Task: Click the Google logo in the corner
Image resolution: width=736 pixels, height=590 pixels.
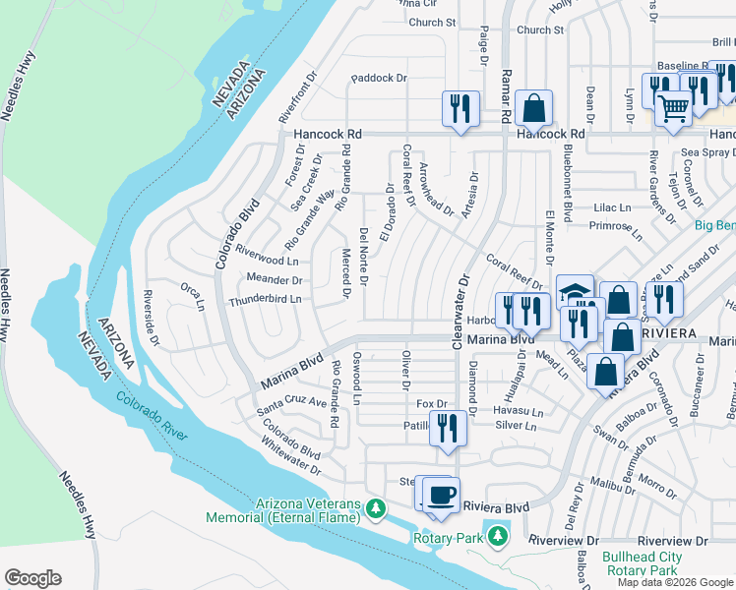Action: click(x=32, y=578)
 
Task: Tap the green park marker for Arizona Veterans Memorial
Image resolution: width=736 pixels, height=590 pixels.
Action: click(x=374, y=508)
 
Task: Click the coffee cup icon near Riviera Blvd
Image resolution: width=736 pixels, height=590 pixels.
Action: click(x=442, y=494)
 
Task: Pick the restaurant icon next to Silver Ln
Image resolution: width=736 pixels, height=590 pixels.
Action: click(x=448, y=428)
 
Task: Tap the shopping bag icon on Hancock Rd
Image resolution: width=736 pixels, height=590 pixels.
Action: click(x=533, y=107)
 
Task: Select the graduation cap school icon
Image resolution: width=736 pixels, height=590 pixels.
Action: click(x=575, y=291)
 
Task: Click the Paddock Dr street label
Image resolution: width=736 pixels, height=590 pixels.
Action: click(x=378, y=78)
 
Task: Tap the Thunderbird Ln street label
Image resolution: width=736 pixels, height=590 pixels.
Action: click(x=265, y=299)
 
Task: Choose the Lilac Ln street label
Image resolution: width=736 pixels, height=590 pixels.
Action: click(x=611, y=208)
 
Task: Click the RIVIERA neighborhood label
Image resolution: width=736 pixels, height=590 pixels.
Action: click(x=668, y=334)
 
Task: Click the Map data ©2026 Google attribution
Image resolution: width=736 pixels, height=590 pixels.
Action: click(x=674, y=582)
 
